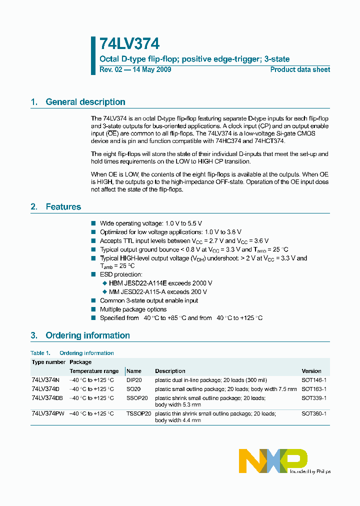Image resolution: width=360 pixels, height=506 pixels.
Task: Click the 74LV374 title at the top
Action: tap(129, 44)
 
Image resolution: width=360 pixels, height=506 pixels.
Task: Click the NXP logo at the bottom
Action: tap(273, 461)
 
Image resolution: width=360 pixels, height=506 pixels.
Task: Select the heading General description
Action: tap(85, 102)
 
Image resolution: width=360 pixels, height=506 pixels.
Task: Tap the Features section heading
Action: tap(63, 206)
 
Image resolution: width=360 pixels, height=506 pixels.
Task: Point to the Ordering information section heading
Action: tap(87, 335)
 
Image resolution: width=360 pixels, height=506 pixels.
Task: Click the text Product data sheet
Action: tap(300, 69)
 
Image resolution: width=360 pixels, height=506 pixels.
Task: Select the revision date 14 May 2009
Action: tap(151, 69)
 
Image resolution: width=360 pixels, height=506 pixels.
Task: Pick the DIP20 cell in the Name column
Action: tap(134, 380)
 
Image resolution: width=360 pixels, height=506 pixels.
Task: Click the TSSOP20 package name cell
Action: tap(138, 414)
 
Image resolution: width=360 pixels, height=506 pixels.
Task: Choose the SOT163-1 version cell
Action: tap(314, 389)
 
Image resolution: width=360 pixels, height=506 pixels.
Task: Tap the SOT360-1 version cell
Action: tap(314, 414)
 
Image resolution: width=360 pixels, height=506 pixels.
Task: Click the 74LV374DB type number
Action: tap(47, 398)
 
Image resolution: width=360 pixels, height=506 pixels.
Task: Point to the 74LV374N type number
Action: tap(45, 380)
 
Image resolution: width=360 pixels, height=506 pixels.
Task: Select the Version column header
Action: tap(311, 371)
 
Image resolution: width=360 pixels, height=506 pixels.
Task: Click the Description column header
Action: tap(170, 371)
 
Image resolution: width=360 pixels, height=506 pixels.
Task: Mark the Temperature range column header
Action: tap(94, 371)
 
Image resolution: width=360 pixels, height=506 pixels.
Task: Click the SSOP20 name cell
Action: tap(137, 398)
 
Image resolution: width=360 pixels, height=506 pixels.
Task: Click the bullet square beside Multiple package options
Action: tap(93, 309)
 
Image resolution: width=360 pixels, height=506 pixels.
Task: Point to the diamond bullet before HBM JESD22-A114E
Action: tap(104, 283)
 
